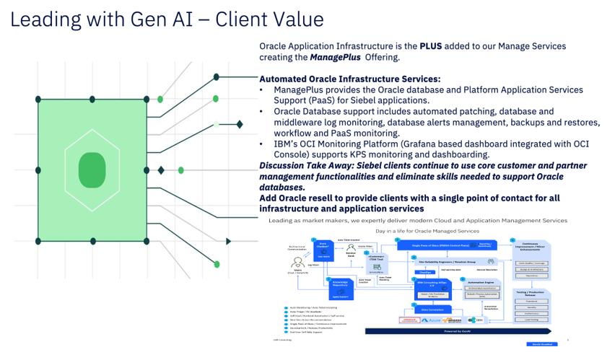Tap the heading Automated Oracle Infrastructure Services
(349, 79)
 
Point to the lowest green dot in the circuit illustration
(217, 264)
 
